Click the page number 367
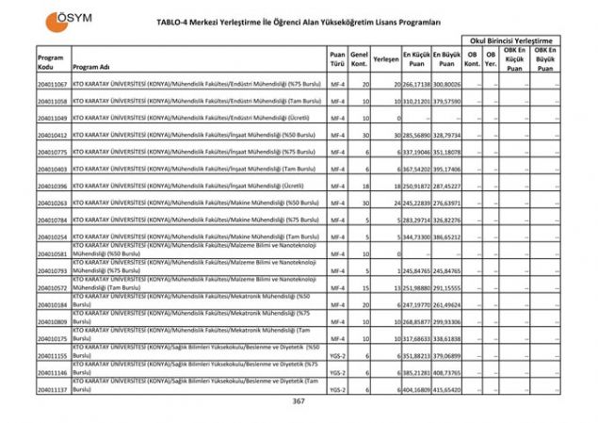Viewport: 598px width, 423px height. point(299,402)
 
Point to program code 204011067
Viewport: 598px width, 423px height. point(52,85)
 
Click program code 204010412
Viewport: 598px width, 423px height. point(52,136)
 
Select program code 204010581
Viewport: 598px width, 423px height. point(52,253)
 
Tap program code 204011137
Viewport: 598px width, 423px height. point(52,388)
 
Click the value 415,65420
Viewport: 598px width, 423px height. point(446,388)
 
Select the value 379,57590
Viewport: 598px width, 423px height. point(446,101)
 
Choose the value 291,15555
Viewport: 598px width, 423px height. point(446,287)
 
